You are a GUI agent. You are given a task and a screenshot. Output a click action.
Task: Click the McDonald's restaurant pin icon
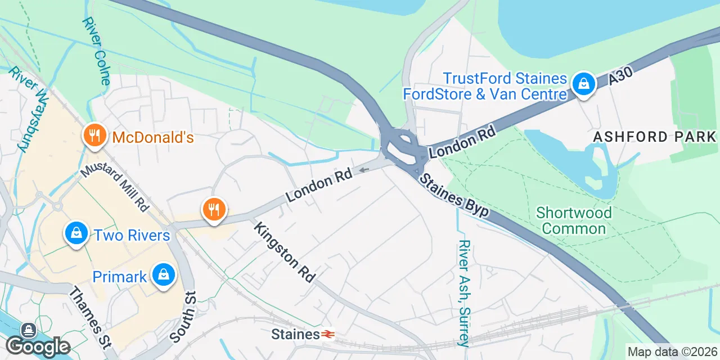point(95,136)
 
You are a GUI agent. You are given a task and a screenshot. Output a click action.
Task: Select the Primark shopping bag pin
point(163,275)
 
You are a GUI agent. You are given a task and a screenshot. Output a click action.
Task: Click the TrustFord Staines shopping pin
point(584,84)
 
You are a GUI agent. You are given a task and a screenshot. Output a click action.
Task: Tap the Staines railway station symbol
point(328,335)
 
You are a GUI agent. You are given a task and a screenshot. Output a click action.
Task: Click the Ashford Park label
point(655,137)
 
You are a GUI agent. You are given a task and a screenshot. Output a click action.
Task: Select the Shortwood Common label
point(574,220)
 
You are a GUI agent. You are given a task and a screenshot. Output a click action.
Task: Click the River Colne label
point(96,51)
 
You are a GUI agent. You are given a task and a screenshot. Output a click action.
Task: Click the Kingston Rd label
point(285,252)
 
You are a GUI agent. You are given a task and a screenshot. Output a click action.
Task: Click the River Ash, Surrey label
point(464,292)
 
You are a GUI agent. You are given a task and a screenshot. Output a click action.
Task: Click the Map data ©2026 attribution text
point(673,352)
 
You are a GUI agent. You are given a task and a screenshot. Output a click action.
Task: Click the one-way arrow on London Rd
point(364,169)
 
